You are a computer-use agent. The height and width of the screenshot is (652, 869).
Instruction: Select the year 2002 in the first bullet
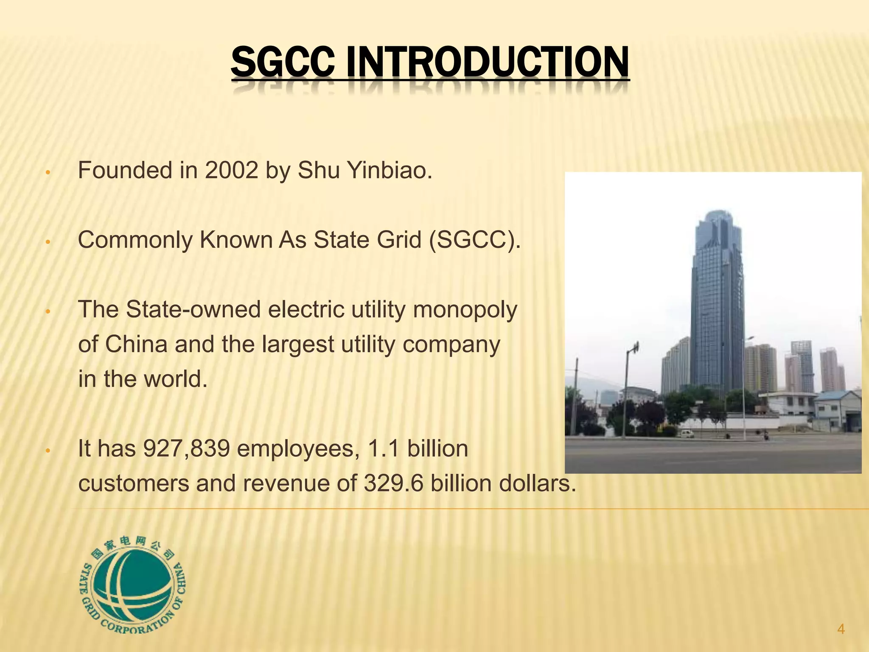pyautogui.click(x=231, y=171)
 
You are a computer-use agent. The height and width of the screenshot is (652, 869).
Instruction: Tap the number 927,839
pyautogui.click(x=187, y=449)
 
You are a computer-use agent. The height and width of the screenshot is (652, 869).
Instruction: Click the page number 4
pyautogui.click(x=841, y=629)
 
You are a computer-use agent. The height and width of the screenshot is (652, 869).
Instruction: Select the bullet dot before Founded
pyautogui.click(x=48, y=173)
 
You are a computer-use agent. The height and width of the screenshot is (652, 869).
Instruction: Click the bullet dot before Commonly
pyautogui.click(x=48, y=242)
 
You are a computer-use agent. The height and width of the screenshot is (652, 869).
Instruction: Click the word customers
pyautogui.click(x=134, y=483)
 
